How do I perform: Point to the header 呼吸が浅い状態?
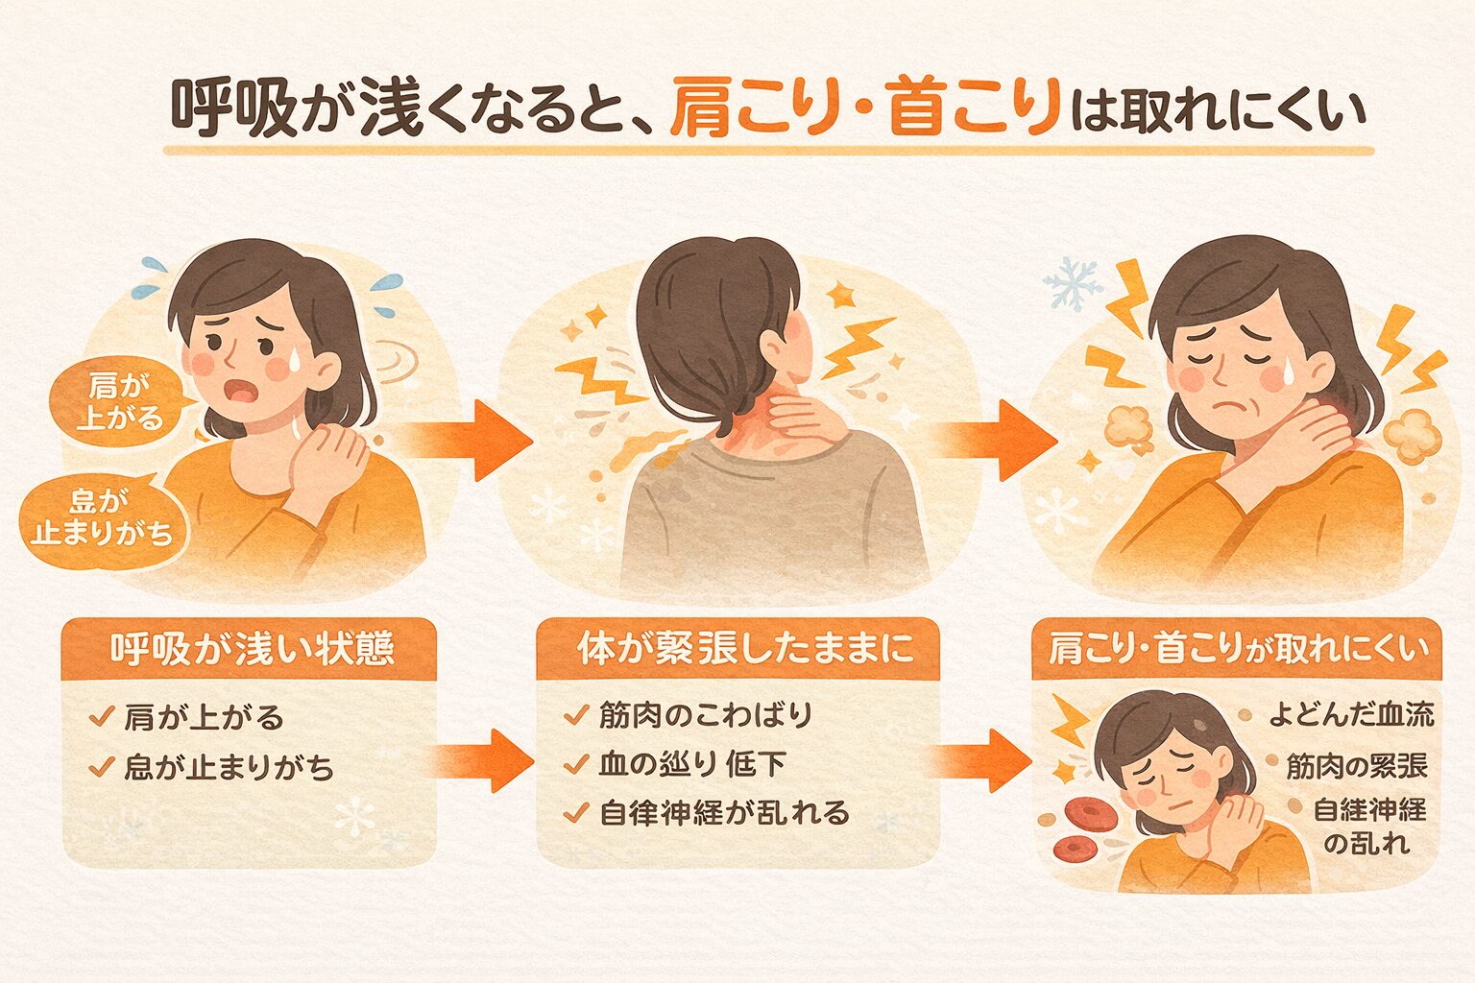tap(252, 649)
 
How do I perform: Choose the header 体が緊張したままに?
tap(737, 649)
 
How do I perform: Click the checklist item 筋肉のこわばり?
tap(705, 715)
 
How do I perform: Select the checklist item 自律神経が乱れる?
tap(724, 813)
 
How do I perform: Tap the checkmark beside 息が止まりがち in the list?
tap(101, 768)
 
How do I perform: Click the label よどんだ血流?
tap(1350, 714)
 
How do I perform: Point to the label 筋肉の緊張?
tap(1356, 765)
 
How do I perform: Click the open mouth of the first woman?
tap(239, 392)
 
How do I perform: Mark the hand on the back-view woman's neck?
tap(807, 420)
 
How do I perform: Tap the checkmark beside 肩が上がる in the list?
tap(101, 717)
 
